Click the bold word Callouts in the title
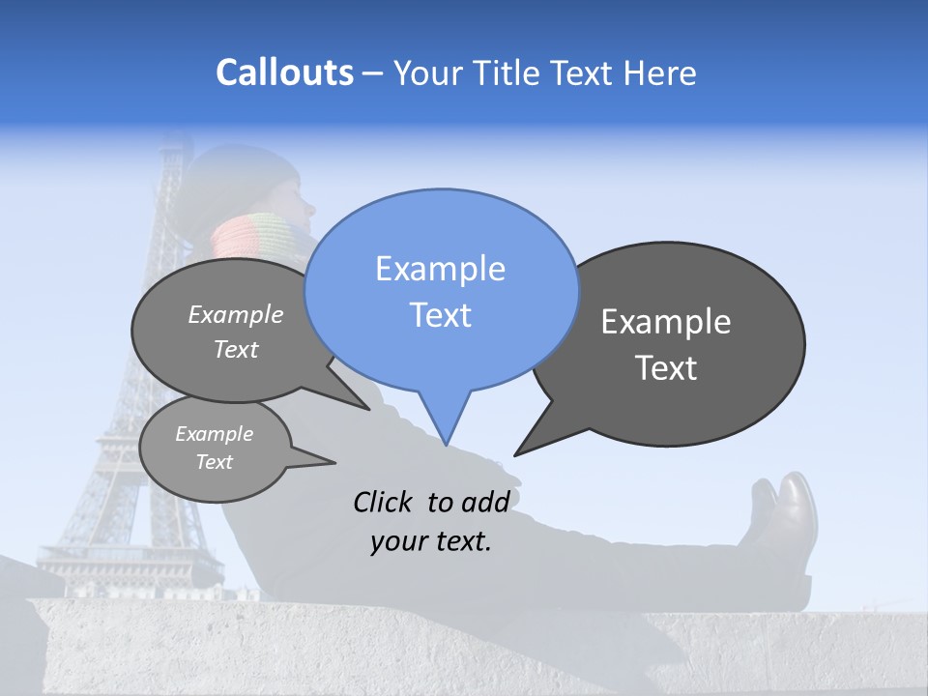(x=284, y=72)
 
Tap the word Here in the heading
(x=660, y=72)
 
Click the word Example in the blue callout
(x=440, y=269)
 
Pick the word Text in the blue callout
(x=440, y=315)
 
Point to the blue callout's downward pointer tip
(x=446, y=444)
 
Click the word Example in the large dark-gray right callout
(x=666, y=322)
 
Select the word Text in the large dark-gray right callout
(x=666, y=368)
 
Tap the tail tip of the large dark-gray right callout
(x=515, y=454)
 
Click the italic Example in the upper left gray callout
(x=236, y=315)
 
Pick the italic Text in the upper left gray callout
(x=236, y=350)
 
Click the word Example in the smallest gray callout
(x=215, y=434)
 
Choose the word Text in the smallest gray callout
(x=215, y=462)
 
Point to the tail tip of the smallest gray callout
(x=334, y=462)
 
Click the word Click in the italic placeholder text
(x=384, y=502)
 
